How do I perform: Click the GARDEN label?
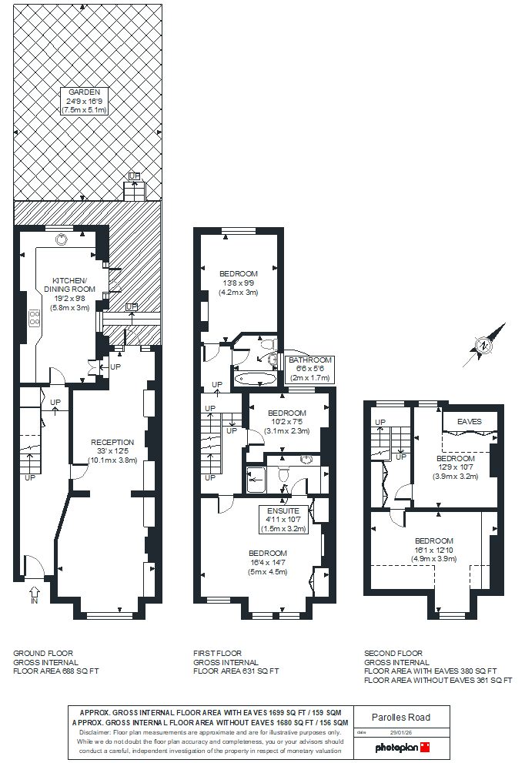[85, 92]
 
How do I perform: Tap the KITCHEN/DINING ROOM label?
[74, 284]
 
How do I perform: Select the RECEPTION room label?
[112, 442]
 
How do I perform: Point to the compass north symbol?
[483, 345]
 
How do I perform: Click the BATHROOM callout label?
[310, 360]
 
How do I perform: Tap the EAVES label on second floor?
[469, 421]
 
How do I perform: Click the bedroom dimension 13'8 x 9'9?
[238, 283]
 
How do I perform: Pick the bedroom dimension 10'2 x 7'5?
[289, 421]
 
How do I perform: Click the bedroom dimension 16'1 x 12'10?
[433, 550]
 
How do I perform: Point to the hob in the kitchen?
[34, 318]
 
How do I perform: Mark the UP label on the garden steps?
[135, 176]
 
